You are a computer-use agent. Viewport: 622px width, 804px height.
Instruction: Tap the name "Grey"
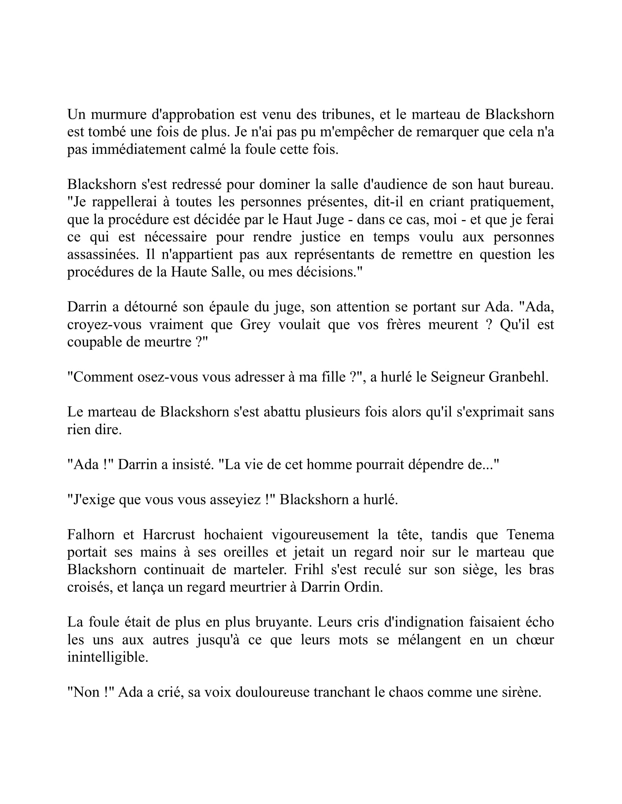coord(255,324)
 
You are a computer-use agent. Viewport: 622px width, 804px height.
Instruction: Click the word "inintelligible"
coord(108,657)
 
